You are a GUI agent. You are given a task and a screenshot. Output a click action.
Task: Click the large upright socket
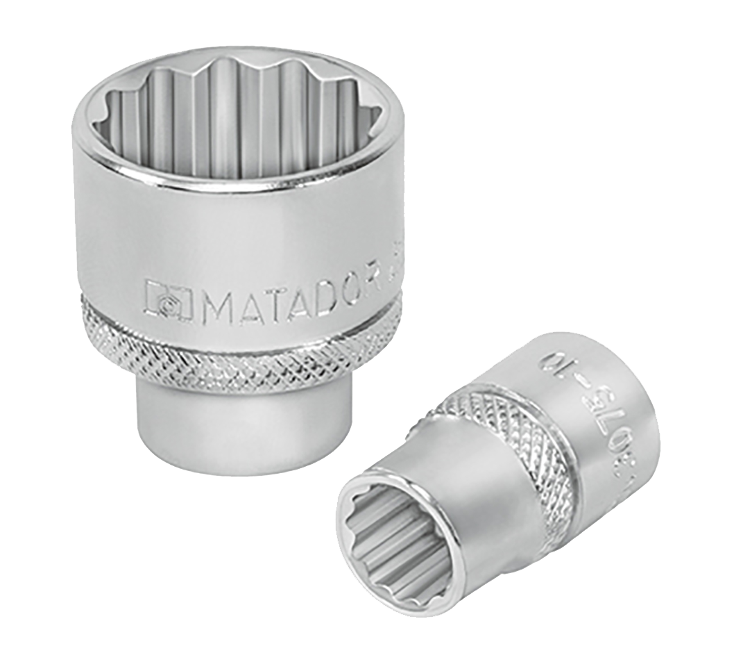tap(236, 243)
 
